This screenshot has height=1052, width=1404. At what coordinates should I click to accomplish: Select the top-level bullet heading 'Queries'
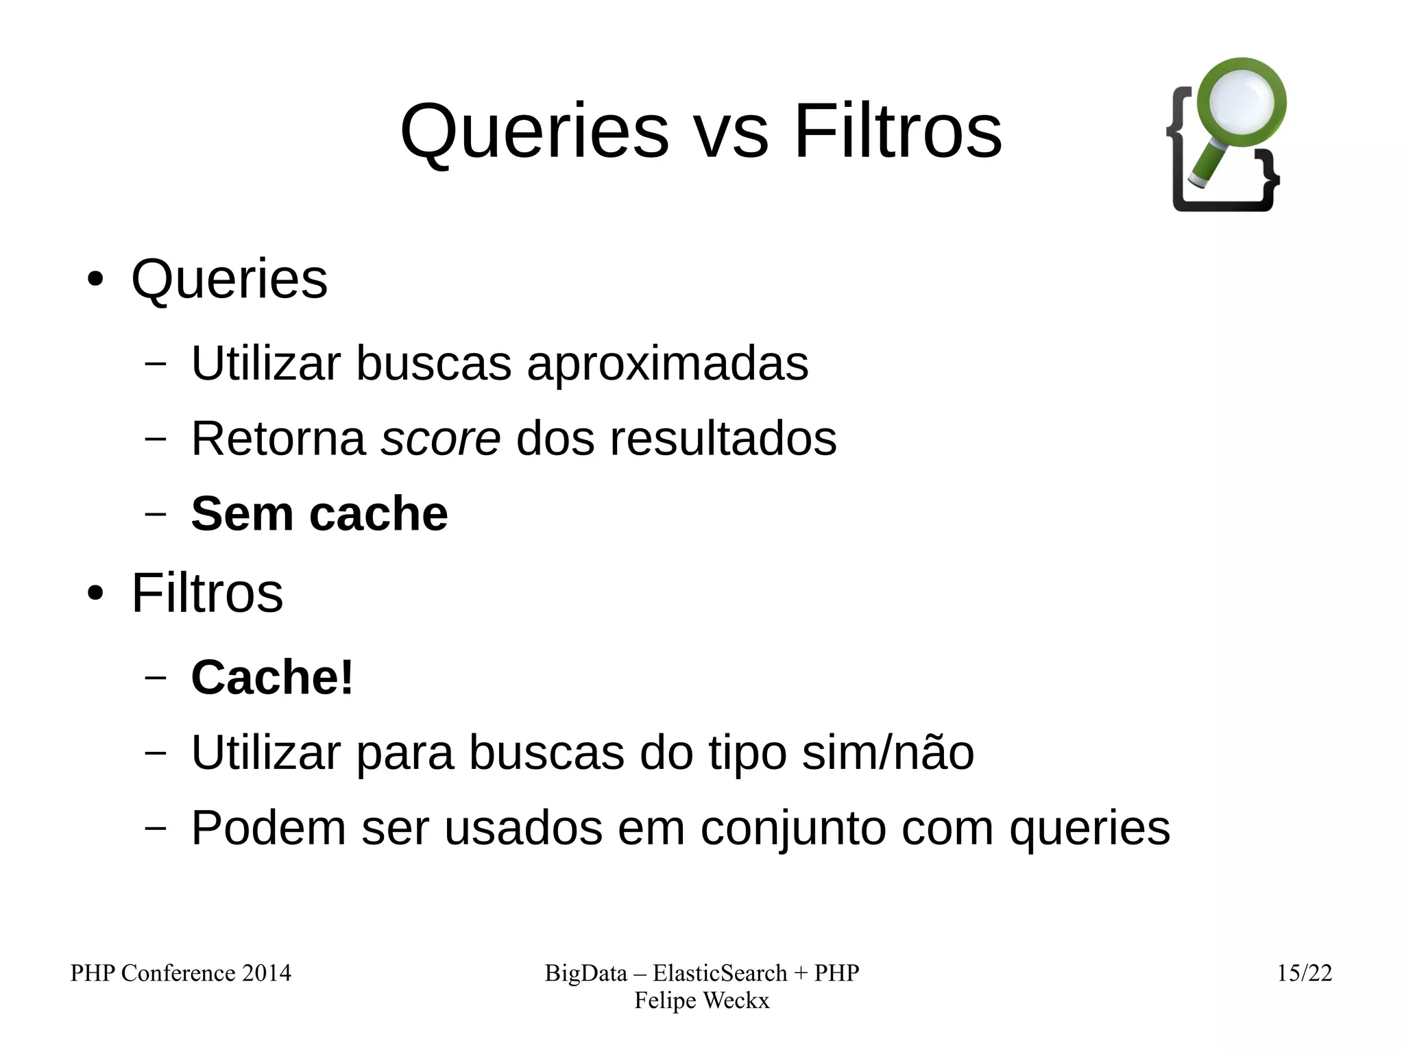click(x=229, y=280)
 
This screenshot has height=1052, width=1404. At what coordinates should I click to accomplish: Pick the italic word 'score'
click(x=441, y=439)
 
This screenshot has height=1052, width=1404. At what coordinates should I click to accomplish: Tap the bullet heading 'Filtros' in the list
click(x=207, y=594)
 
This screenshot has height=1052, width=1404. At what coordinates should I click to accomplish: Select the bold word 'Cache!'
click(x=272, y=677)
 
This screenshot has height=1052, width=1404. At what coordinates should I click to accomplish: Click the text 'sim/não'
click(x=888, y=753)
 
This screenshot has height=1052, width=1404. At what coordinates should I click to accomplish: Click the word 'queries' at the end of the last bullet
click(x=1089, y=828)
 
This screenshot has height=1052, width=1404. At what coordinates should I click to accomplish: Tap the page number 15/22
click(x=1304, y=973)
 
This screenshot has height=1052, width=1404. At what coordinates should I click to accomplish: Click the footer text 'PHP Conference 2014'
click(x=181, y=973)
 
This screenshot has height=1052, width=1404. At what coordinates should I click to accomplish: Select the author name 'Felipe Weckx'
click(x=701, y=1001)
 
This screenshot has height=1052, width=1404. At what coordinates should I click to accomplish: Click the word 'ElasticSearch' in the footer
click(x=720, y=973)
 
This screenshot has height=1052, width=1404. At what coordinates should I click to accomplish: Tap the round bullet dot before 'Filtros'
click(x=95, y=594)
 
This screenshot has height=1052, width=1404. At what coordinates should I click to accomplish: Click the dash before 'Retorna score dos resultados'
click(x=156, y=439)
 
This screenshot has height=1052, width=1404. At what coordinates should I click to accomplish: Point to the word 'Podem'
click(x=268, y=828)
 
